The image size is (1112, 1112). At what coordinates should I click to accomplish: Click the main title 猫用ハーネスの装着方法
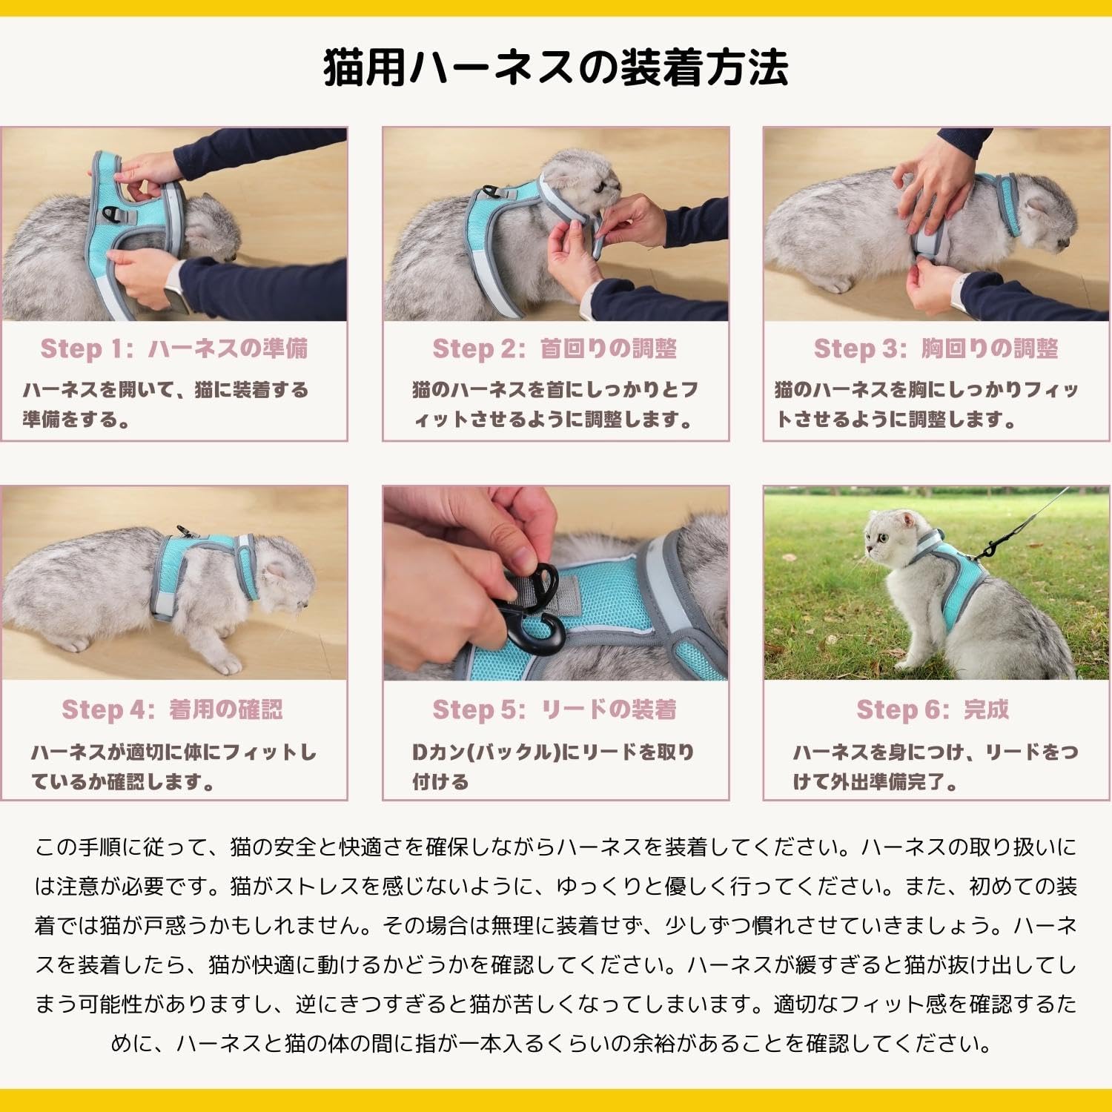point(556,68)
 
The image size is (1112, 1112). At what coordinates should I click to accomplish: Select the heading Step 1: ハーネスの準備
point(174,348)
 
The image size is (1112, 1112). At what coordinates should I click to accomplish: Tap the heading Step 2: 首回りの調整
point(555,348)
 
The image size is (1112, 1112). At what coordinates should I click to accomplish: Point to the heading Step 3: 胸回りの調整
point(936,348)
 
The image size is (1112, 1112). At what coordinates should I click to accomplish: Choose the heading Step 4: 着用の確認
point(172,709)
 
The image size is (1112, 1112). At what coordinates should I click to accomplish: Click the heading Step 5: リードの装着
point(555,709)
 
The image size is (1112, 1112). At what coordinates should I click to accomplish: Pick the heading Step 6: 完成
point(933,709)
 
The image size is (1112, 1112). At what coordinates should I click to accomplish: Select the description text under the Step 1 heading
point(165,404)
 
